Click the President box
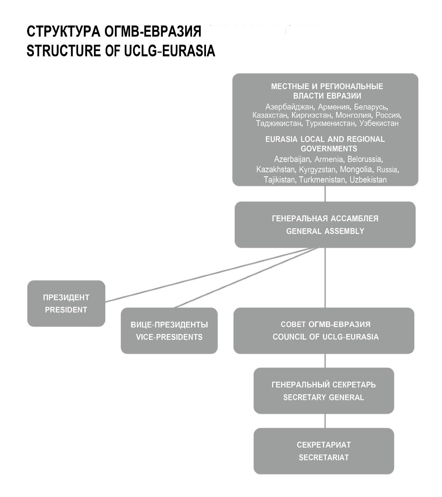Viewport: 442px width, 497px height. point(66,304)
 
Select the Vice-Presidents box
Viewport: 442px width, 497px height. point(169,331)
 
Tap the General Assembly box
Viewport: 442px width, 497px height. point(325,225)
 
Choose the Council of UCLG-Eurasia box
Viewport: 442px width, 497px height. point(324,331)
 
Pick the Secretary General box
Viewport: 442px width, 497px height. point(324,391)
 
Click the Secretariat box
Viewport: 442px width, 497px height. point(324,451)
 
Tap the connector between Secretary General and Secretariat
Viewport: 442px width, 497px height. point(325,421)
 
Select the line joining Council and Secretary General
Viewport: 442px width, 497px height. point(325,361)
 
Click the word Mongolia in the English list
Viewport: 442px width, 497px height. point(356,170)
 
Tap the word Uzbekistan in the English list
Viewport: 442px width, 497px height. point(368,180)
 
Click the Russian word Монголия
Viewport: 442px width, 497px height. point(353,115)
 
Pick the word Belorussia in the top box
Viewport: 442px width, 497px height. point(365,159)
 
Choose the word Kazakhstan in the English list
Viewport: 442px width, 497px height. point(275,170)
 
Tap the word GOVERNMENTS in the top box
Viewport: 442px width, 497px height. point(329,148)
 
